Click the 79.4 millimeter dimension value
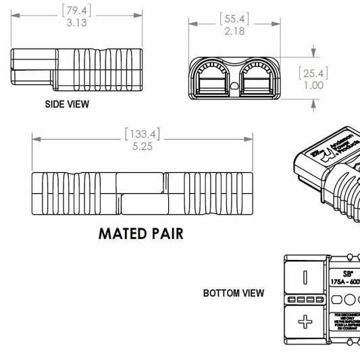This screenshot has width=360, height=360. click(76, 10)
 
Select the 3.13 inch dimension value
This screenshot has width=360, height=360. click(76, 22)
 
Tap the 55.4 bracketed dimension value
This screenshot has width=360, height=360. click(231, 19)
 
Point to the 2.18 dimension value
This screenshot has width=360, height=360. click(231, 31)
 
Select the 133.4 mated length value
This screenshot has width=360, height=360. click(142, 133)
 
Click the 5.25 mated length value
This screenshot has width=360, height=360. click(142, 147)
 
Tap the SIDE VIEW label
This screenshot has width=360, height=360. click(67, 105)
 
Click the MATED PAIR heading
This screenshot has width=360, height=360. click(140, 234)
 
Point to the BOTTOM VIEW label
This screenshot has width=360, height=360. click(234, 294)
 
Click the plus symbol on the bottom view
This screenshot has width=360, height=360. click(305, 322)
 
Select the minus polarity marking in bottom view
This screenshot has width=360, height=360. click(305, 277)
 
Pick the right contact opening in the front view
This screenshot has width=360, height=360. click(256, 80)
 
